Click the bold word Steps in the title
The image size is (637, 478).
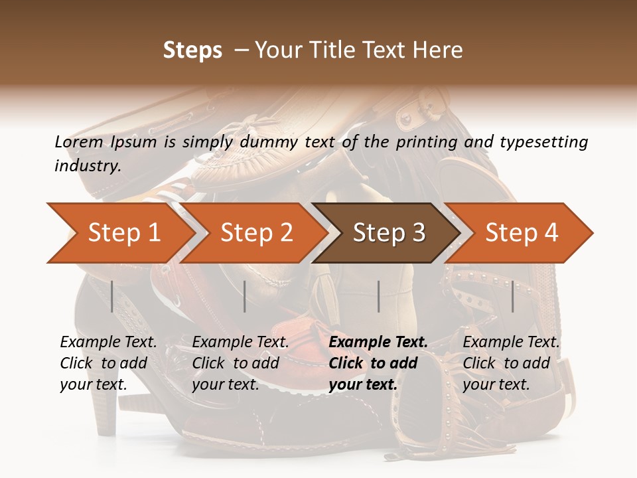pyautogui.click(x=192, y=50)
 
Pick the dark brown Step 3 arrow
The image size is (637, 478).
pyautogui.click(x=389, y=233)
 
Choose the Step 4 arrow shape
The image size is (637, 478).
pyautogui.click(x=522, y=233)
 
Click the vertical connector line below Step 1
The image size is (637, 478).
pyautogui.click(x=112, y=296)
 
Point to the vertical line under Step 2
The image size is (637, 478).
pyautogui.click(x=245, y=296)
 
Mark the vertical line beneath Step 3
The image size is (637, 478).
pyautogui.click(x=378, y=296)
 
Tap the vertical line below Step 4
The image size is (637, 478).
pyautogui.click(x=513, y=296)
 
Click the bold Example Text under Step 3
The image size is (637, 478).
pyautogui.click(x=378, y=343)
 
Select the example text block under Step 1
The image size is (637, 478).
pyautogui.click(x=108, y=363)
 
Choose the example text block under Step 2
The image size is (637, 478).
pyautogui.click(x=240, y=363)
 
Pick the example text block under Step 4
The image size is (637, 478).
pyautogui.click(x=511, y=363)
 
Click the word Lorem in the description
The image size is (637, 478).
pyautogui.click(x=78, y=142)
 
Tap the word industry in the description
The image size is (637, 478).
pyautogui.click(x=88, y=165)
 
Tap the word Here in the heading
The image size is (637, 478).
pyautogui.click(x=439, y=50)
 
